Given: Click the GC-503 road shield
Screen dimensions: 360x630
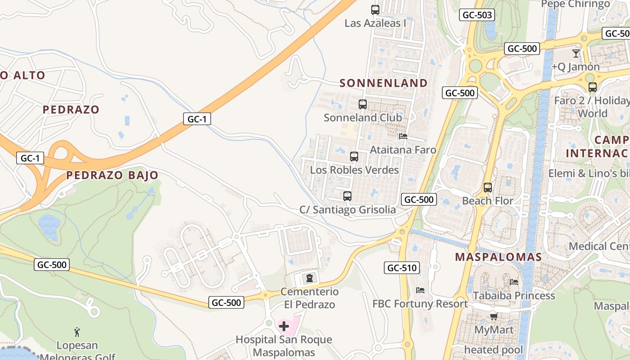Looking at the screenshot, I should point(477,15).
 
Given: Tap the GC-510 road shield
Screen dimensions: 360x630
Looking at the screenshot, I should point(402,268).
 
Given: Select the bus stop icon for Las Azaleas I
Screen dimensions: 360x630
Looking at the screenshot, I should point(375,9).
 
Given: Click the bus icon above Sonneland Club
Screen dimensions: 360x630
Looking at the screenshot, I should point(362,104).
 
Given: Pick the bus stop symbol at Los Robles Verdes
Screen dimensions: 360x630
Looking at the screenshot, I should point(354,157).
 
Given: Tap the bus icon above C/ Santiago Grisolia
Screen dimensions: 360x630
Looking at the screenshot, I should point(347,196).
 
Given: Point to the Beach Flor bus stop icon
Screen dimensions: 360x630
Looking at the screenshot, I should point(487,187).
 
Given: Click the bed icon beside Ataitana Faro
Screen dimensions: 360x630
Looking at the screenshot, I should point(403,136).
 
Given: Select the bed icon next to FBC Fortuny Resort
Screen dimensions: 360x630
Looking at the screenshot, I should point(420,290).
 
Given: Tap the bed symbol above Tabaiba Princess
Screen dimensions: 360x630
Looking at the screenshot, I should point(514,282).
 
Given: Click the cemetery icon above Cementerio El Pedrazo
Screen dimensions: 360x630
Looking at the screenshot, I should point(309,278).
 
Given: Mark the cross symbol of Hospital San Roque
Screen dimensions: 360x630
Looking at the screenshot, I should point(284,326).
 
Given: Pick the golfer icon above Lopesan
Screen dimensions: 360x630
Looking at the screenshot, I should point(77,333).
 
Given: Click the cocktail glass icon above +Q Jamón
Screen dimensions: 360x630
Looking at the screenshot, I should point(576,54).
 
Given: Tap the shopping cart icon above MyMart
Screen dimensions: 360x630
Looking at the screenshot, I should point(494,316).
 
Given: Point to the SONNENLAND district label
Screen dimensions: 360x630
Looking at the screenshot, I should point(383,83).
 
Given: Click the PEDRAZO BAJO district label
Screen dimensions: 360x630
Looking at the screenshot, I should point(112,175).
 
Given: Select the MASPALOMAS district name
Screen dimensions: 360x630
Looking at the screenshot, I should point(498,257).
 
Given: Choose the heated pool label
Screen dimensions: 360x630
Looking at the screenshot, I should point(494,350).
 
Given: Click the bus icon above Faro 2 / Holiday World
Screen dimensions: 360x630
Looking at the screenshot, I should point(592,87).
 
